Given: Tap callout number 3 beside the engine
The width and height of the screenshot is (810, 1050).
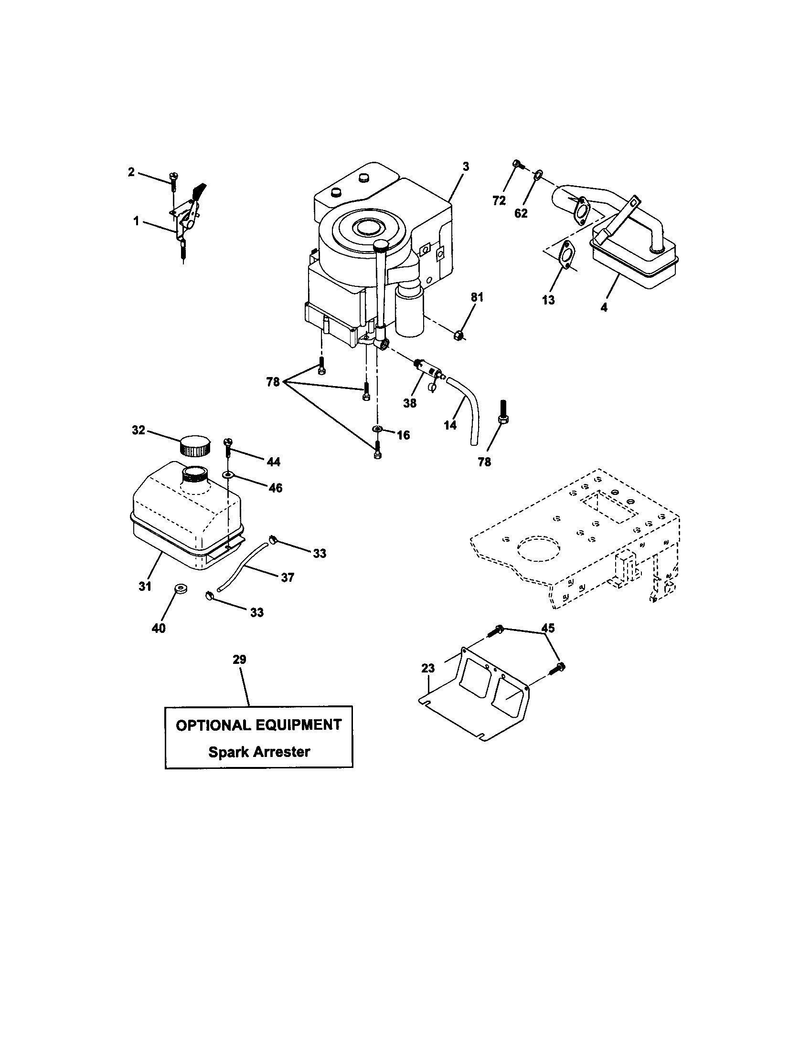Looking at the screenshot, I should click(x=466, y=167).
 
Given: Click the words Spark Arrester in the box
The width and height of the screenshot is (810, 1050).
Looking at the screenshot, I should click(x=259, y=752).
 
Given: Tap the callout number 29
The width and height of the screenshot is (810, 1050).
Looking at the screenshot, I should click(x=240, y=660).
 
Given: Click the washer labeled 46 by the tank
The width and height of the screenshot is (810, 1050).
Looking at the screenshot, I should click(x=227, y=474).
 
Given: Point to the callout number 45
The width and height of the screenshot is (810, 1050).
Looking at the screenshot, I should click(x=548, y=628).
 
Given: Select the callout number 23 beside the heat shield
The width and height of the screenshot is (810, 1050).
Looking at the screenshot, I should click(x=428, y=668).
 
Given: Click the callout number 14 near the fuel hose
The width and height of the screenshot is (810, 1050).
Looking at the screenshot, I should click(x=450, y=425).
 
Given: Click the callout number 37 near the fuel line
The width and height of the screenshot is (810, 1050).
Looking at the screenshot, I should click(x=287, y=577).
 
